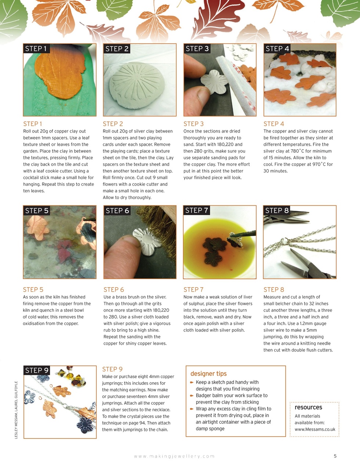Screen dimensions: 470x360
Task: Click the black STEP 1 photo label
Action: click(36, 49)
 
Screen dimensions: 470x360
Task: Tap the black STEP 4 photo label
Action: click(277, 49)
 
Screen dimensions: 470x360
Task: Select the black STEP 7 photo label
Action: click(197, 210)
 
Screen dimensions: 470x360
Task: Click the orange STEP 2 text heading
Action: click(113, 124)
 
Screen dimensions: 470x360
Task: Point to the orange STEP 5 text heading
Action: click(33, 290)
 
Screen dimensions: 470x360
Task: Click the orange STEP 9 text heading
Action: click(112, 369)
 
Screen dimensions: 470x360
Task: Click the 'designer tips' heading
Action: click(208, 374)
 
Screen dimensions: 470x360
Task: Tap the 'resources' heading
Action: click(308, 407)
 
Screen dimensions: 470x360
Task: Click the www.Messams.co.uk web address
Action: click(315, 429)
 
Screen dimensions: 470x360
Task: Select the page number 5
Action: click(335, 456)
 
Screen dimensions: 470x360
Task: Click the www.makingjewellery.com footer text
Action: click(174, 456)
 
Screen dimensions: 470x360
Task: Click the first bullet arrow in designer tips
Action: click(192, 383)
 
